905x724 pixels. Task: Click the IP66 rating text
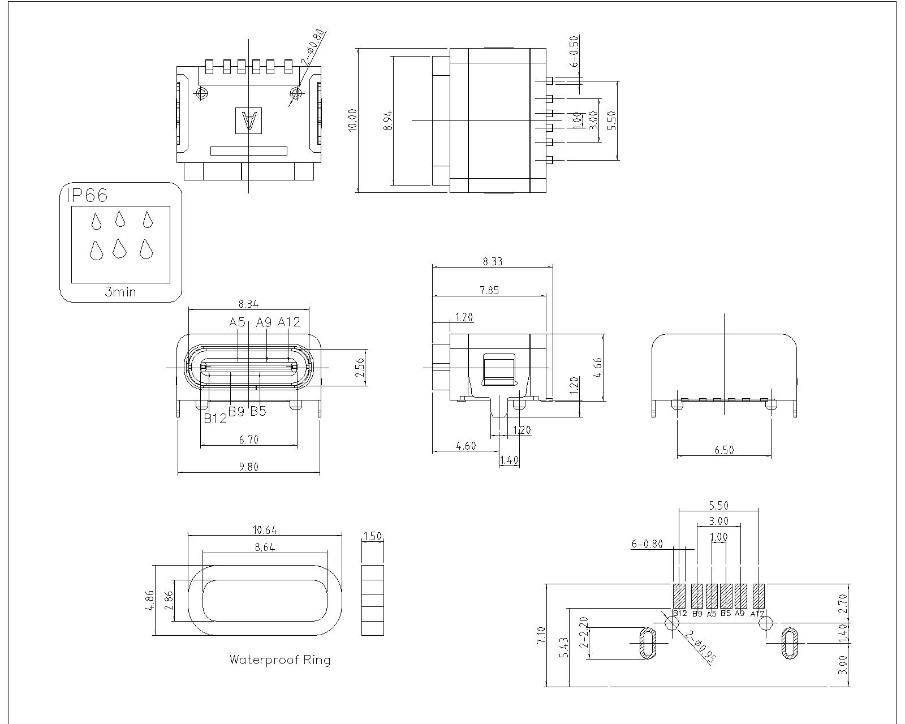[x=87, y=195]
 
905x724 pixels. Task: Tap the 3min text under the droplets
[x=120, y=292]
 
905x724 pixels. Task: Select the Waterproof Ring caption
[x=279, y=660]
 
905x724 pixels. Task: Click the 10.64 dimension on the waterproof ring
[x=265, y=530]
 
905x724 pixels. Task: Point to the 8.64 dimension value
[x=265, y=548]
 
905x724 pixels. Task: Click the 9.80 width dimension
[x=249, y=467]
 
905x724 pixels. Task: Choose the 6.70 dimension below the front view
[x=249, y=439]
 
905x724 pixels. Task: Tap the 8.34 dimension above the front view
[x=249, y=304]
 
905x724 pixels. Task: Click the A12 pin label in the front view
[x=289, y=322]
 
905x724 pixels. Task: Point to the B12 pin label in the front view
[x=215, y=418]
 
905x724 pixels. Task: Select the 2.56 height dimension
[x=360, y=368]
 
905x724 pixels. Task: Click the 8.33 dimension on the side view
[x=492, y=261]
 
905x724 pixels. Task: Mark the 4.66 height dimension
[x=598, y=368]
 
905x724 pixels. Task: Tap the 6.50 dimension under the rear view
[x=724, y=450]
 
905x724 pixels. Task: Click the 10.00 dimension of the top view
[x=353, y=120]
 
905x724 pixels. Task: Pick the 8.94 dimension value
[x=388, y=120]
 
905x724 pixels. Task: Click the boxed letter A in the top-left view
[x=249, y=121]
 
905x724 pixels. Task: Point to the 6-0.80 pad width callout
[x=647, y=544]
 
